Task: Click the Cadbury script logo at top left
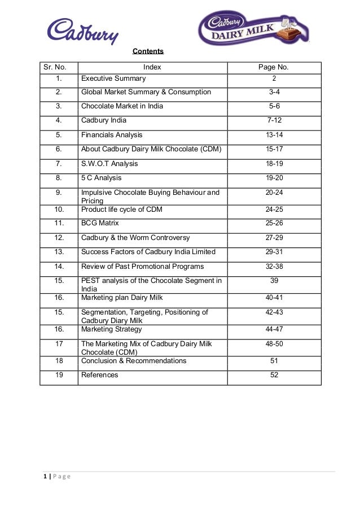(83, 30)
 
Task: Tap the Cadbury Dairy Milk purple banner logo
(255, 29)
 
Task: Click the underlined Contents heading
(148, 51)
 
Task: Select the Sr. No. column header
(55, 67)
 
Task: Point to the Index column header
(152, 67)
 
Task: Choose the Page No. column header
(274, 67)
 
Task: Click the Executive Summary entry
(113, 79)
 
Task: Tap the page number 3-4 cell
(274, 92)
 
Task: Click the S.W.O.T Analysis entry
(109, 164)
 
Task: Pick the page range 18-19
(274, 164)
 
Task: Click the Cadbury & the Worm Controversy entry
(135, 238)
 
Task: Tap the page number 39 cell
(274, 281)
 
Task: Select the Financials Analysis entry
(112, 135)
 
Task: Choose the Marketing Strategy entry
(112, 329)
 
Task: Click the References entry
(100, 375)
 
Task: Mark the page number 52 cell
(274, 375)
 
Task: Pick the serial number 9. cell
(59, 193)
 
